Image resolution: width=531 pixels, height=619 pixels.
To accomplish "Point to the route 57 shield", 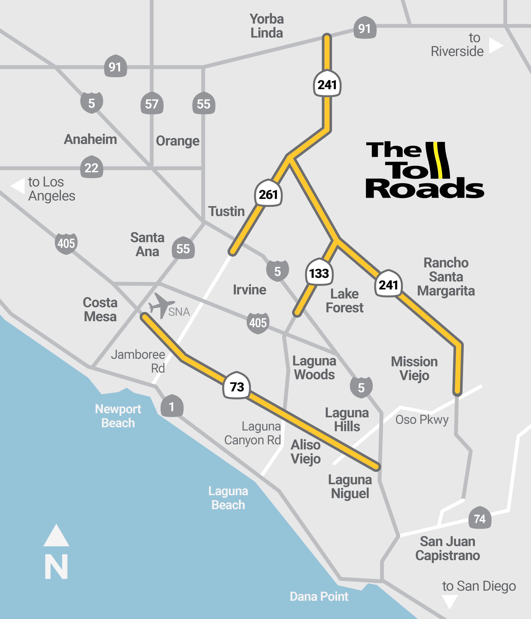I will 152,103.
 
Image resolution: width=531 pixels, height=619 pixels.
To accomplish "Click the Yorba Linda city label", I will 267,26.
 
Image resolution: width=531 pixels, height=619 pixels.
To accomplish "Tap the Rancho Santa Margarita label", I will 446,277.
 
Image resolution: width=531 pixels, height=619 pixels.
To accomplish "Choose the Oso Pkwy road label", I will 422,420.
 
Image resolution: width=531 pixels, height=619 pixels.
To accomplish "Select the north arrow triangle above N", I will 56,536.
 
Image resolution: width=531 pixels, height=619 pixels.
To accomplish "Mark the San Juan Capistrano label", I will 447,548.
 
